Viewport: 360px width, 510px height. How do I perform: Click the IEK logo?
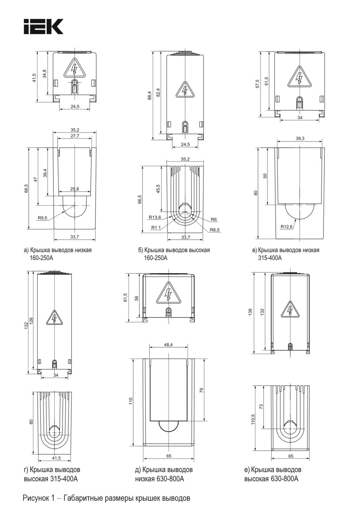click(44, 27)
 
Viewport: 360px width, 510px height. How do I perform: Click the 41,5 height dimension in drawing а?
click(34, 77)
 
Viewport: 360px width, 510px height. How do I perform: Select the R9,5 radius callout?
click(42, 218)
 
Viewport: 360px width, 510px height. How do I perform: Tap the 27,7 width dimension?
click(75, 136)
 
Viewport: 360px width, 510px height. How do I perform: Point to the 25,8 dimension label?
click(75, 189)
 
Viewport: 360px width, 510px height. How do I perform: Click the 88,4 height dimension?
click(150, 96)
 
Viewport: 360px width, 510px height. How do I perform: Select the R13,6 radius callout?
click(155, 217)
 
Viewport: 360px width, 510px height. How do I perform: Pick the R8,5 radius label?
click(214, 230)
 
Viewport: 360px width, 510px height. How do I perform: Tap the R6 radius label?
click(214, 219)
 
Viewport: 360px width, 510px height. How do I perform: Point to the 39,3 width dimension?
click(300, 139)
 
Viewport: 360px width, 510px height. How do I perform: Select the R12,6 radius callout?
click(286, 226)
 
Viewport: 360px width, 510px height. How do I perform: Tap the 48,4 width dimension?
click(168, 344)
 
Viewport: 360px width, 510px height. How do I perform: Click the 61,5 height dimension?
click(125, 298)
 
